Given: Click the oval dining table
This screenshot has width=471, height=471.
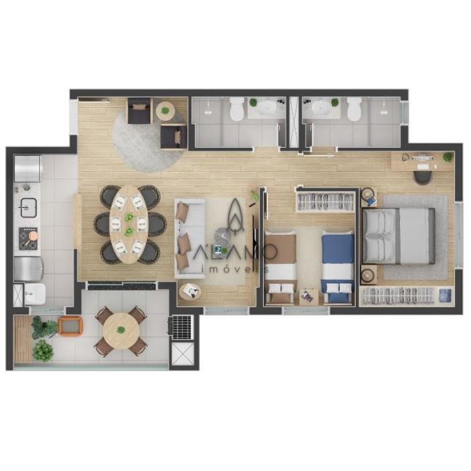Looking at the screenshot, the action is pyautogui.click(x=129, y=224).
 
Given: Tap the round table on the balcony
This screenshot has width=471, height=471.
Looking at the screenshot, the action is pyautogui.click(x=121, y=330).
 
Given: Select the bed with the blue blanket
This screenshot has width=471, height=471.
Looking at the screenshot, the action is pyautogui.click(x=338, y=267).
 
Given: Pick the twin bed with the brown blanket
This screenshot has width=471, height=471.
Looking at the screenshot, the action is pyautogui.click(x=280, y=268).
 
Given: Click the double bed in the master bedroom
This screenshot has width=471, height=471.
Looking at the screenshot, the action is pyautogui.click(x=399, y=236).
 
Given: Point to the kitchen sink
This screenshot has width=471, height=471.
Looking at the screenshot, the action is pyautogui.click(x=28, y=207).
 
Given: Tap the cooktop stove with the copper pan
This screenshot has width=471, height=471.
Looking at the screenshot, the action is pyautogui.click(x=28, y=238).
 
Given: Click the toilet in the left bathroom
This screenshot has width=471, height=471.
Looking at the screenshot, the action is pyautogui.click(x=237, y=109).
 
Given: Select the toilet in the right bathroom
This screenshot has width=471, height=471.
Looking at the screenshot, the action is pyautogui.click(x=354, y=109).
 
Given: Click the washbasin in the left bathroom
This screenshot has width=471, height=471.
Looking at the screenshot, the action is pyautogui.click(x=266, y=107).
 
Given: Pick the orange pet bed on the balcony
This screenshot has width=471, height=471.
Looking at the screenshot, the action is pyautogui.click(x=70, y=326).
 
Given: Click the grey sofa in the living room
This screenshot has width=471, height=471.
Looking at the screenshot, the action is pyautogui.click(x=190, y=236).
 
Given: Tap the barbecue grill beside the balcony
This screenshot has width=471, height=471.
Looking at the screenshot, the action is pyautogui.click(x=180, y=328).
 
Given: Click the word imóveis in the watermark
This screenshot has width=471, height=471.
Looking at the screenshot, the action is pyautogui.click(x=236, y=269).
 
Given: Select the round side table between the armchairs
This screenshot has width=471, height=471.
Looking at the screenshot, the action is pyautogui.click(x=165, y=110).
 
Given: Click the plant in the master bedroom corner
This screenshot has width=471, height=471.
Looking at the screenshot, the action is pyautogui.click(x=448, y=157).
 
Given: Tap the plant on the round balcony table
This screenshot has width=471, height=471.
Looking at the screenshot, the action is pyautogui.click(x=121, y=330).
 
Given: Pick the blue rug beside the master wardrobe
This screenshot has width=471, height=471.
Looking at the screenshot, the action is pyautogui.click(x=445, y=295).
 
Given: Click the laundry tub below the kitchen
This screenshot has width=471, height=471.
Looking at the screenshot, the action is pyautogui.click(x=35, y=293).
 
